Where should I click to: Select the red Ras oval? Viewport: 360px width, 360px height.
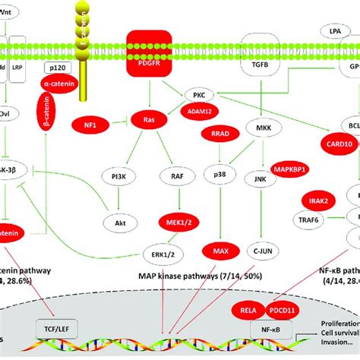click(x=148, y=118)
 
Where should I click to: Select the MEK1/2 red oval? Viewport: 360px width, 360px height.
click(x=172, y=220)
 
